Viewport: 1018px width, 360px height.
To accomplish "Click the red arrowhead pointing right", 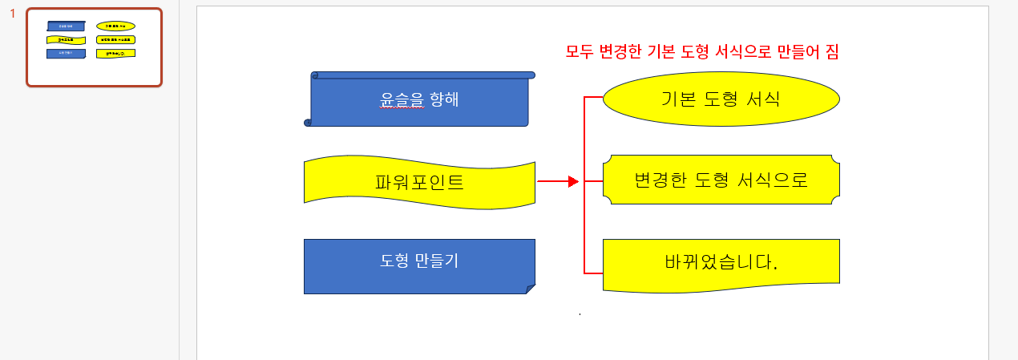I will click(572, 182).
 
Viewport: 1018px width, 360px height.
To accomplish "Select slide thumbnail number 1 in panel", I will click(94, 47).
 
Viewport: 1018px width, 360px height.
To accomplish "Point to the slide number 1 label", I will click(12, 14).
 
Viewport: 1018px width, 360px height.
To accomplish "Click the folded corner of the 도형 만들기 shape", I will click(530, 289).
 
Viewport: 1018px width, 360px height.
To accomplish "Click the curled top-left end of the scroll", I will click(315, 75).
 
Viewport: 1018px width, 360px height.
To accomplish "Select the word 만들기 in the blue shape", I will click(437, 261).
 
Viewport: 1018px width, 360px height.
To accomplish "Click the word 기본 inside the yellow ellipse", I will click(678, 99).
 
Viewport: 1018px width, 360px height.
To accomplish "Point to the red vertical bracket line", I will click(584, 224).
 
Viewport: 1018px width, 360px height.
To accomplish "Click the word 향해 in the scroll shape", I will click(444, 100).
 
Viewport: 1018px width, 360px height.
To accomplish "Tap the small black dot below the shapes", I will click(580, 314).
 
